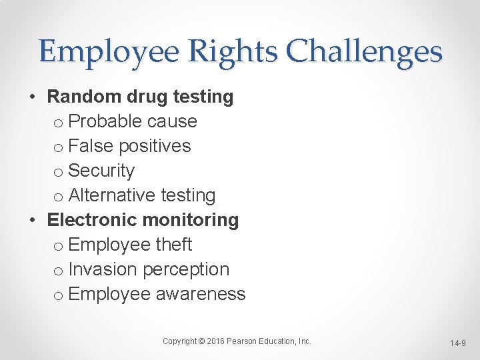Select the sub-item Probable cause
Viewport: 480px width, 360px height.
[x=133, y=121]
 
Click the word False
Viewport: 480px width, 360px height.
[x=90, y=146]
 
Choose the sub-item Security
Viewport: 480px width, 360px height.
[x=101, y=171]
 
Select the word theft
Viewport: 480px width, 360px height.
[x=174, y=245]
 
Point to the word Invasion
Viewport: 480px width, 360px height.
[x=103, y=269]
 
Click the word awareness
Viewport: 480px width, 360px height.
[x=201, y=294]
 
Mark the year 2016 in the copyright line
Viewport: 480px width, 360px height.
[x=216, y=341]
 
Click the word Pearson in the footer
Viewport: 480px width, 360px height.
[x=243, y=341]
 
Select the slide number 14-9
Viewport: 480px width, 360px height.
[x=457, y=343]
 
